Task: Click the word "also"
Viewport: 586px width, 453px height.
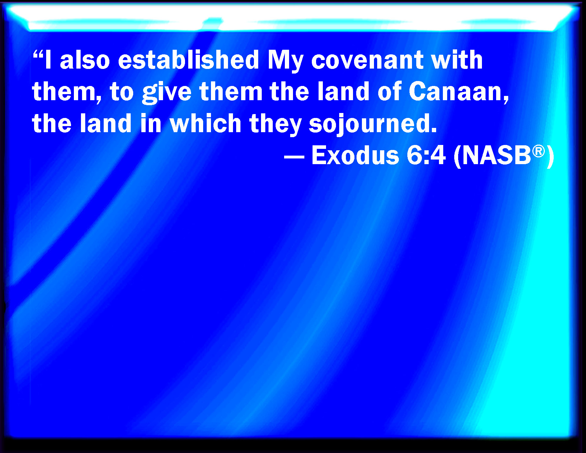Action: pos(85,60)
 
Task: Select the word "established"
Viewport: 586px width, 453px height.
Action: pos(189,60)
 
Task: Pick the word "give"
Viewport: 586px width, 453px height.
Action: pos(167,93)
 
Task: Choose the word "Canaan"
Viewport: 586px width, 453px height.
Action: pos(458,92)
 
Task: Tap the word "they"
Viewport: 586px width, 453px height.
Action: pos(275,125)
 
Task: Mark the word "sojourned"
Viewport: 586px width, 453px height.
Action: pos(373,125)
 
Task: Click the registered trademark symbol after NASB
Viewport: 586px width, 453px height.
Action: pos(538,151)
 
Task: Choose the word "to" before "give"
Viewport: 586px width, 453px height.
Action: pos(122,92)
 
